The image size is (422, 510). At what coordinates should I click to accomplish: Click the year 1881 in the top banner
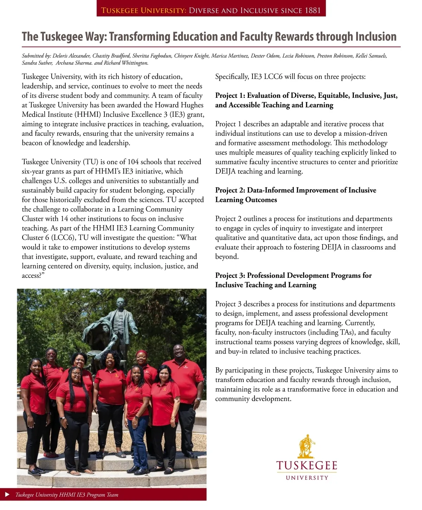click(313, 10)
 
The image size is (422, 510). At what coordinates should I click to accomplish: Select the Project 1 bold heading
click(306, 100)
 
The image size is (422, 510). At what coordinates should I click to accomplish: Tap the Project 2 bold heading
click(295, 195)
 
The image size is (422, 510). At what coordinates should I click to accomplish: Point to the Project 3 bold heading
click(293, 280)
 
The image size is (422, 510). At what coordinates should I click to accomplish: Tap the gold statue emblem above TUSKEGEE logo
click(306, 446)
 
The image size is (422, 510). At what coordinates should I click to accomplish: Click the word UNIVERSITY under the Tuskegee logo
click(307, 478)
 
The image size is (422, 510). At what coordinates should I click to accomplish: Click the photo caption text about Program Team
click(67, 495)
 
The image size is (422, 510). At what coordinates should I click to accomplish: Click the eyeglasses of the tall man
click(179, 350)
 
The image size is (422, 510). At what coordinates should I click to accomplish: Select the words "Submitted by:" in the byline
click(36, 56)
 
